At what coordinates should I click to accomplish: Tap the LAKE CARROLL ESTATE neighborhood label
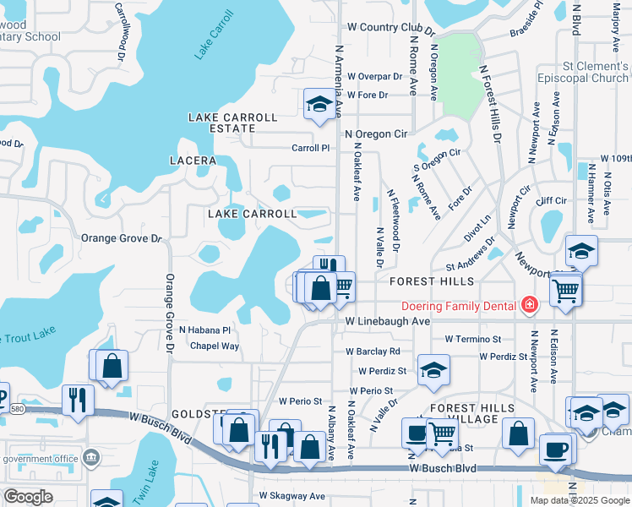tap(233, 123)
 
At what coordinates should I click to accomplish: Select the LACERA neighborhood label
tap(193, 160)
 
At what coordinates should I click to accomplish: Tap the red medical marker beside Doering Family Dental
tap(530, 304)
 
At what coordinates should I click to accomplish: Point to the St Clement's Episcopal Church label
tap(584, 72)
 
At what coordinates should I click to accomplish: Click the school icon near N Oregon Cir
tap(319, 104)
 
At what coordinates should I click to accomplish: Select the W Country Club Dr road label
tap(390, 28)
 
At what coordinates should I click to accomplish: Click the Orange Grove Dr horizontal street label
tap(121, 238)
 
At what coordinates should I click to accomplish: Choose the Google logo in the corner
tap(29, 497)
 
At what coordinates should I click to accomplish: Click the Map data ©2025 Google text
tap(580, 500)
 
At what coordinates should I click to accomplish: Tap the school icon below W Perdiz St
tap(433, 370)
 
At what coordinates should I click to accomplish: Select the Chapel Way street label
tap(215, 346)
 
